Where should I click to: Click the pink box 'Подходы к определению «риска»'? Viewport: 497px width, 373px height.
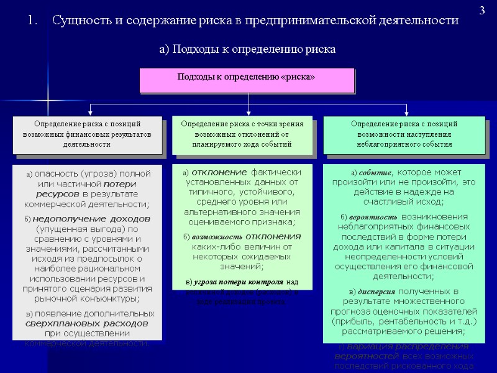(247, 80)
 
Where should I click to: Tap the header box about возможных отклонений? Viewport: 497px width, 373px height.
(242, 134)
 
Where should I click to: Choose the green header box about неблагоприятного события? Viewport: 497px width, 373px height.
(404, 134)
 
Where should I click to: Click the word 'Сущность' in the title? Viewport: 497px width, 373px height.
(81, 21)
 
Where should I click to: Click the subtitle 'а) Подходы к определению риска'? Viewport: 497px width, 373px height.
(248, 50)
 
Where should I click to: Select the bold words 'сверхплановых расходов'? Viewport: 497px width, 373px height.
(86, 324)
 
